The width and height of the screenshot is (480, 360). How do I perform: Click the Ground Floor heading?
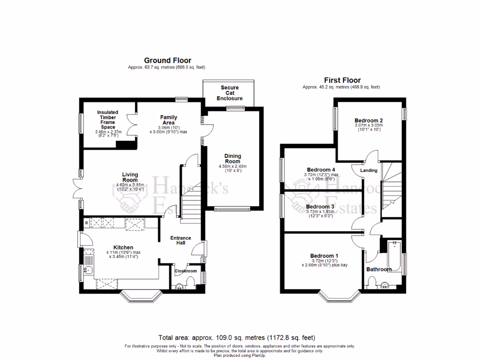[161, 60]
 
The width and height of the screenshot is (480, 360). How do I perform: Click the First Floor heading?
[342, 80]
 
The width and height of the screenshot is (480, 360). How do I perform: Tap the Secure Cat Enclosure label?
[230, 93]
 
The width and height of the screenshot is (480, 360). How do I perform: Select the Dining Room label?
[232, 158]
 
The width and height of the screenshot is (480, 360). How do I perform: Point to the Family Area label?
[168, 120]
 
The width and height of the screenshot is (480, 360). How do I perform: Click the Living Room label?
[130, 177]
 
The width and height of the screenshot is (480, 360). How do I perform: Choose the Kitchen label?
[123, 247]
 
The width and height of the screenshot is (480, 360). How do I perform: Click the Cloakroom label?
[186, 271]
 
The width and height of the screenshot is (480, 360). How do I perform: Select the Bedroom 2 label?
[368, 120]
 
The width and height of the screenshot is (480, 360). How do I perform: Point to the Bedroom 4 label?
[321, 170]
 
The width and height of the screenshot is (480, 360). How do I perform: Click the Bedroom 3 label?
[320, 206]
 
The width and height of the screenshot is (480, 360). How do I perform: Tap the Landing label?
[369, 170]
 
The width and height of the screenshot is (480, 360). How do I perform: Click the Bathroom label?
[379, 270]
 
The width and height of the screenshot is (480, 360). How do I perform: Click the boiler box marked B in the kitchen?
[87, 223]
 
